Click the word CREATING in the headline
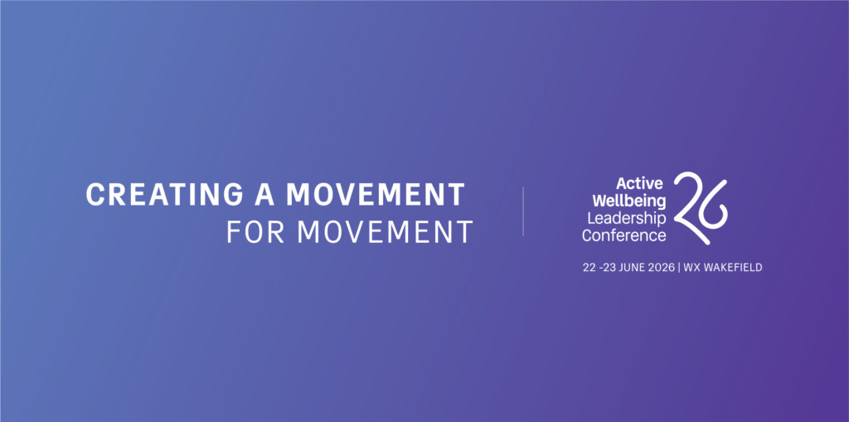click(165, 194)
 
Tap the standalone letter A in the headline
click(264, 194)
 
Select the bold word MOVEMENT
click(376, 194)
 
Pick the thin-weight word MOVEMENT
click(386, 231)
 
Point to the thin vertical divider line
click(523, 211)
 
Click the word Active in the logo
click(639, 183)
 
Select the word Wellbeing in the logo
click(629, 201)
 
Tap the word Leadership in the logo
click(627, 218)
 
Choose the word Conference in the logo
click(623, 235)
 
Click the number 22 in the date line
click(589, 267)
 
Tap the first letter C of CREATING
click(95, 194)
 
